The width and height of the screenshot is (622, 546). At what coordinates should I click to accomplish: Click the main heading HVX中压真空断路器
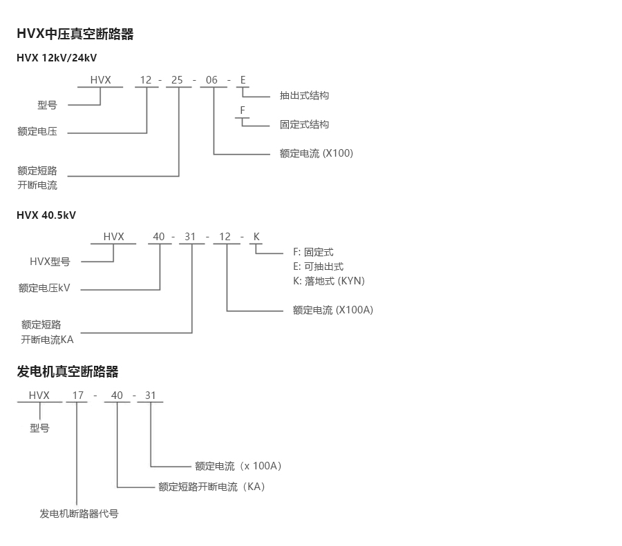point(75,34)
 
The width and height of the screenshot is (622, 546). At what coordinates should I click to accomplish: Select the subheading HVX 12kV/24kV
point(57,57)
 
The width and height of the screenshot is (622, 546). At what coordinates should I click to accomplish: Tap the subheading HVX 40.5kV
point(46,215)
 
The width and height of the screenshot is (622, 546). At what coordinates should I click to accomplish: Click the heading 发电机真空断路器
point(68,371)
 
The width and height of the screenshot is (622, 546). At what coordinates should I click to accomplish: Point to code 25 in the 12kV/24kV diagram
point(177,80)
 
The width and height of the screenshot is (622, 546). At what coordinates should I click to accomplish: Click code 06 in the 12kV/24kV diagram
point(211,80)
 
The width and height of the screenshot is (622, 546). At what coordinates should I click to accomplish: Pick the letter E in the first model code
point(243,80)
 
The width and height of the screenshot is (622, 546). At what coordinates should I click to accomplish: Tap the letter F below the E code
point(243,110)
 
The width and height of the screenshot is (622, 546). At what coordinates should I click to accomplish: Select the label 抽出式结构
point(304,95)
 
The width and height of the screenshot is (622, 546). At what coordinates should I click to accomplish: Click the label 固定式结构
point(304,124)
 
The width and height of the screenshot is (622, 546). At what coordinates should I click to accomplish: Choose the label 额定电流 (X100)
point(316,153)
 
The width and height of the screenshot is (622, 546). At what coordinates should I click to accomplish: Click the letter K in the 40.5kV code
point(256,237)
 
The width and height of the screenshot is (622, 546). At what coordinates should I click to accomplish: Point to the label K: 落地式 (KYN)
point(328,281)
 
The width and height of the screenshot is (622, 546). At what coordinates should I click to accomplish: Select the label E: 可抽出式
point(318,266)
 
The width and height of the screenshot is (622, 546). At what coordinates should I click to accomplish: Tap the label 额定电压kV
point(44,288)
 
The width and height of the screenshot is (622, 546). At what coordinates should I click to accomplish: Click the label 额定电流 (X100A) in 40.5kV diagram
point(332,310)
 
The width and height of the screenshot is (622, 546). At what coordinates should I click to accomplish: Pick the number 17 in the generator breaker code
point(78,396)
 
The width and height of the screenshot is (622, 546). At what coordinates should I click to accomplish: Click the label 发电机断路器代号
point(79,514)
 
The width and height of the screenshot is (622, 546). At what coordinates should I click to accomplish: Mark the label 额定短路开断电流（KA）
point(211,487)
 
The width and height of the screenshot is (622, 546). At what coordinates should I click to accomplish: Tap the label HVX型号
point(50,262)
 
